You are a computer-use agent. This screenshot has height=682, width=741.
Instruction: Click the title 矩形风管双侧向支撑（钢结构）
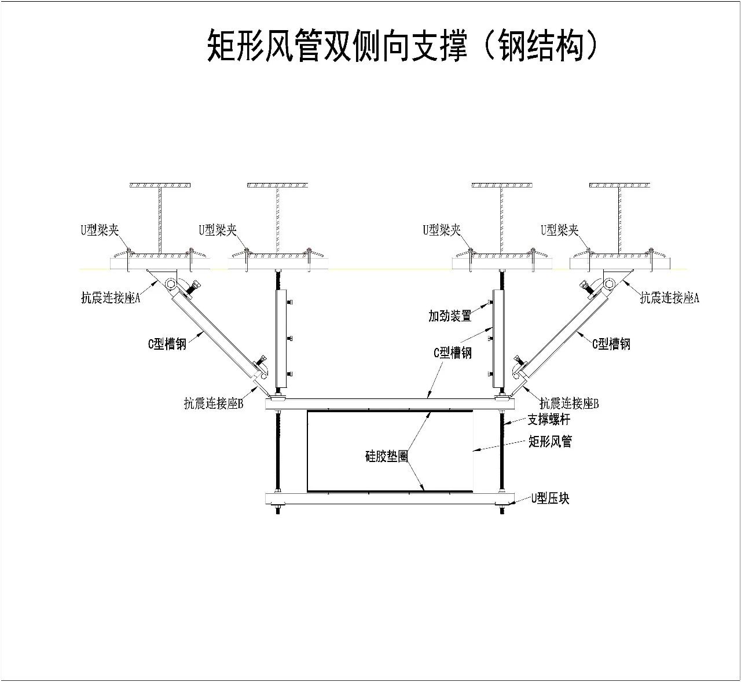[x=401, y=46]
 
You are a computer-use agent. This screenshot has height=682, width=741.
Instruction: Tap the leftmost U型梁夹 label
[x=100, y=230]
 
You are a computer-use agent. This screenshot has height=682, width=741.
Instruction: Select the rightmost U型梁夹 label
[x=560, y=230]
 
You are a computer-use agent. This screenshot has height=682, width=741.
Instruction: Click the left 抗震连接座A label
[x=111, y=298]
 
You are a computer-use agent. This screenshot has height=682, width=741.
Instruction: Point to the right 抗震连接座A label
[x=670, y=298]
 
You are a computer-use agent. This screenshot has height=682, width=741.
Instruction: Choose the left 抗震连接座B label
[x=214, y=403]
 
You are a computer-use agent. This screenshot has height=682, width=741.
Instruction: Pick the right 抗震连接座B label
[x=569, y=403]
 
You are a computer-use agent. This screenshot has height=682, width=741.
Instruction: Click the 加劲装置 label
[x=450, y=316]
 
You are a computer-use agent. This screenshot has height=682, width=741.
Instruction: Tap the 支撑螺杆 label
[x=549, y=419]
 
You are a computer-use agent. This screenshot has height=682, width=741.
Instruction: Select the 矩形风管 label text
[x=551, y=441]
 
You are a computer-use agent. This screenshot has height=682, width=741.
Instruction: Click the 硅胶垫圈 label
[x=387, y=456]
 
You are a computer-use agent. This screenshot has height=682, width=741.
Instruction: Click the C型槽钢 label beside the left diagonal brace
[x=167, y=344]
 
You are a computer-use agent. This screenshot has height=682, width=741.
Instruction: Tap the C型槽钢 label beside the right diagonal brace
[x=611, y=344]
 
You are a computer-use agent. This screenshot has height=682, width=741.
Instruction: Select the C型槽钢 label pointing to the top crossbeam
[x=453, y=353]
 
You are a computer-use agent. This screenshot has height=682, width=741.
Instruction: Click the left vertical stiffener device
[x=281, y=339]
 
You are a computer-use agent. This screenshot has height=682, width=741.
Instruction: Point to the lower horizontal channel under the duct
[x=390, y=498]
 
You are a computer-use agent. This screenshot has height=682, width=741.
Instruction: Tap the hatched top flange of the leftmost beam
[x=160, y=185]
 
